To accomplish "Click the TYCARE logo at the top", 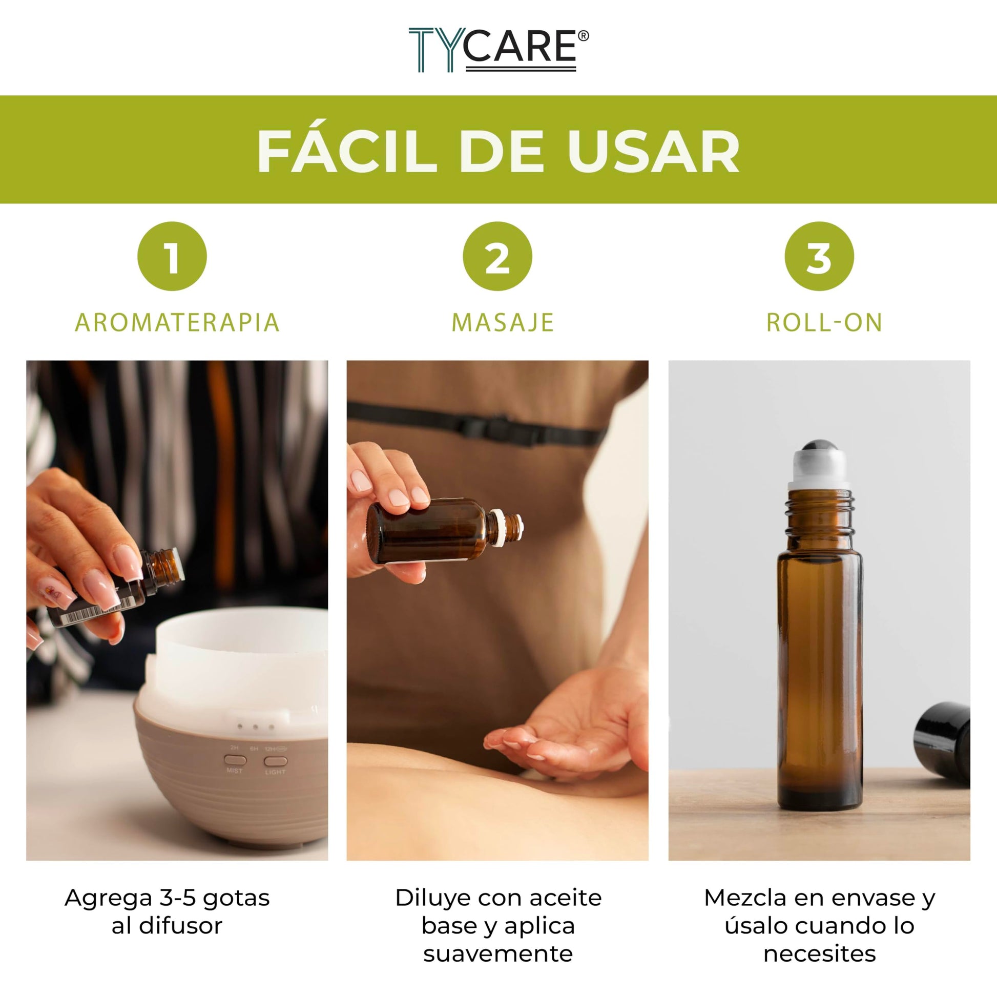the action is (498, 50).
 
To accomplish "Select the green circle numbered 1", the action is (172, 257).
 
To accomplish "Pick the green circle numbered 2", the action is (497, 257).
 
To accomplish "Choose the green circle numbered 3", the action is (819, 257).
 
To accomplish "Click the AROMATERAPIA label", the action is (177, 323).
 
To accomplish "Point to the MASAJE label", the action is (503, 323).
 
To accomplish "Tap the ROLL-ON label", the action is (824, 323).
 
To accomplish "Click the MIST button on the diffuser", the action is (235, 760).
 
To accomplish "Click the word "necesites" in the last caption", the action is (820, 953).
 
